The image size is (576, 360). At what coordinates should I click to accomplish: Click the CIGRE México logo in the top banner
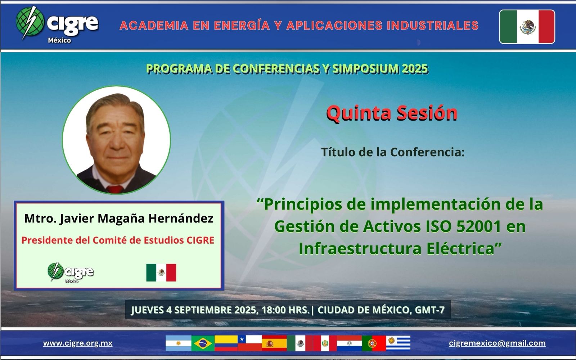pos(57,24)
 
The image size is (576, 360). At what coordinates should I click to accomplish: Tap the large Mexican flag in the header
pos(527,27)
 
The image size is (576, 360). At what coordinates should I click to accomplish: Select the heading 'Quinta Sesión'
pos(392,113)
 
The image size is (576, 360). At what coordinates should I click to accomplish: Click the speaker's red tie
pos(115,189)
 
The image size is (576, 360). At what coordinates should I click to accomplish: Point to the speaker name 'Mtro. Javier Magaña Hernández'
pos(119,219)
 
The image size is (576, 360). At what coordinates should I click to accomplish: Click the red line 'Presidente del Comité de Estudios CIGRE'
pos(118,240)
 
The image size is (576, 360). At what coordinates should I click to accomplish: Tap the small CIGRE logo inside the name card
pos(71,273)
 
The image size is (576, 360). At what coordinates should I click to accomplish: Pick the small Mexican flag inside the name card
pos(161,273)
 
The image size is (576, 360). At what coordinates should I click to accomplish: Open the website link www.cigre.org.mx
pos(78,343)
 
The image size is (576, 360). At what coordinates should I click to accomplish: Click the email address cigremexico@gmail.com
pos(497,343)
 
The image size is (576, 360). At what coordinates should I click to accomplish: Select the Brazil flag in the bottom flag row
pos(203,343)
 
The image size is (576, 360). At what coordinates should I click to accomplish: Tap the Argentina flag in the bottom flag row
pos(179,343)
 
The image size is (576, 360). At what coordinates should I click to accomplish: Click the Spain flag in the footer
pos(274,343)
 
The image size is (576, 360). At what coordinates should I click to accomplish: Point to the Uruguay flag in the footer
pos(398,343)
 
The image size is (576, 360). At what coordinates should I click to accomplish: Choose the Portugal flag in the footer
pos(374,343)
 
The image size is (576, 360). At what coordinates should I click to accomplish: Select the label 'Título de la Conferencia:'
pos(393,152)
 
